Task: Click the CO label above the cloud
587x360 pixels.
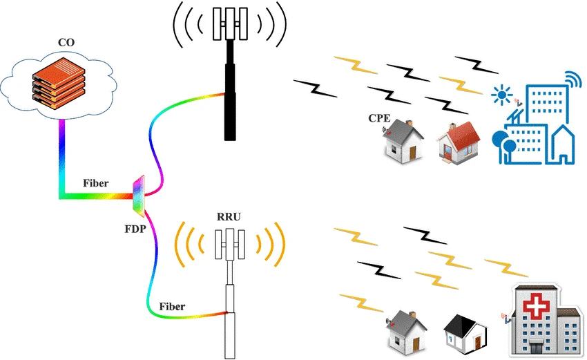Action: [x=66, y=42]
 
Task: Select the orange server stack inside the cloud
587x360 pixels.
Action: [x=59, y=83]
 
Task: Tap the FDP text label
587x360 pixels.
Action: [x=135, y=229]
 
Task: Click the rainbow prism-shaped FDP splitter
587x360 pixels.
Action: [x=139, y=196]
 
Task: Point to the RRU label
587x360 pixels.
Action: [x=229, y=217]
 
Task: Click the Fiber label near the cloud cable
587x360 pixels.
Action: [x=96, y=183]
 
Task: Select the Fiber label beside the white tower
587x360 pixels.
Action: [x=172, y=306]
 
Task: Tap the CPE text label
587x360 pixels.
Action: [x=379, y=118]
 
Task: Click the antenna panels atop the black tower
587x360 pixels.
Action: [x=230, y=23]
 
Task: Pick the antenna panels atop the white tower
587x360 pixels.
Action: [x=230, y=244]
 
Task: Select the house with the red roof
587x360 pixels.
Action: [x=459, y=143]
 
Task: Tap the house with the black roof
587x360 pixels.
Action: [x=465, y=334]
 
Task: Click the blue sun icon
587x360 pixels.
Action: [x=501, y=95]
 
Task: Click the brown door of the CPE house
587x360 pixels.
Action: [x=412, y=153]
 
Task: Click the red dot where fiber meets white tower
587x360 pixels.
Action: [x=226, y=312]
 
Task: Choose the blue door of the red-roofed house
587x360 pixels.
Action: [x=448, y=151]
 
